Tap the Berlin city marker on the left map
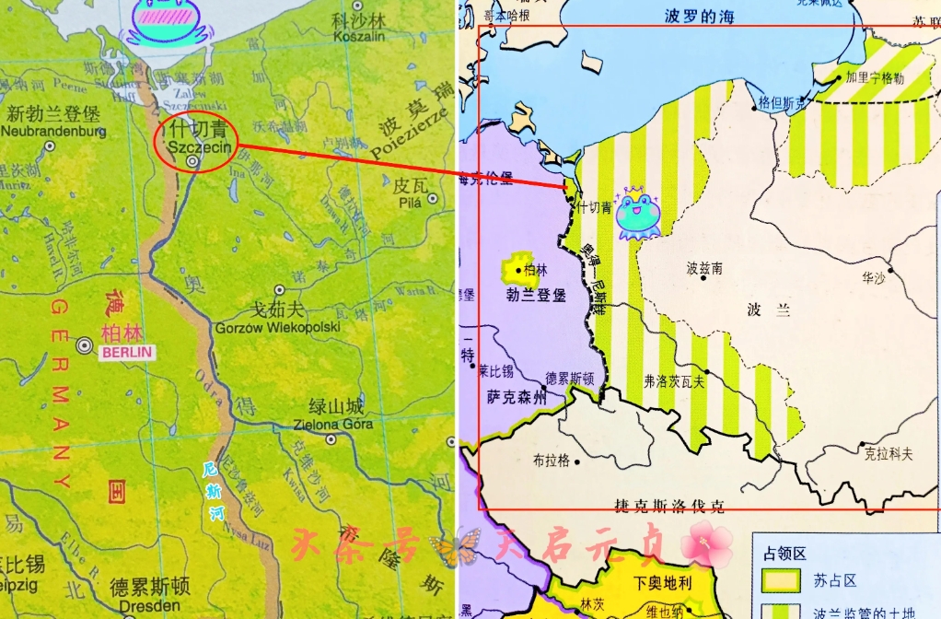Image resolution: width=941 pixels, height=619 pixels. click(85, 346)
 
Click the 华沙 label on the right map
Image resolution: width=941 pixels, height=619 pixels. click(873, 276)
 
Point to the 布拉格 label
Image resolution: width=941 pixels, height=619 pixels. click(551, 461)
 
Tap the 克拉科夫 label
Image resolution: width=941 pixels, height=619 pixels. click(889, 453)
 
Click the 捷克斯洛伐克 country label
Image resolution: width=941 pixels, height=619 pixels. click(668, 505)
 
